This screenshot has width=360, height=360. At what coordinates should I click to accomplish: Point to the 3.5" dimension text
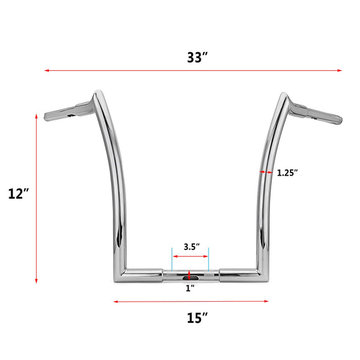191,246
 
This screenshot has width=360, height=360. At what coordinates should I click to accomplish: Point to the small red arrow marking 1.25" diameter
266,172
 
